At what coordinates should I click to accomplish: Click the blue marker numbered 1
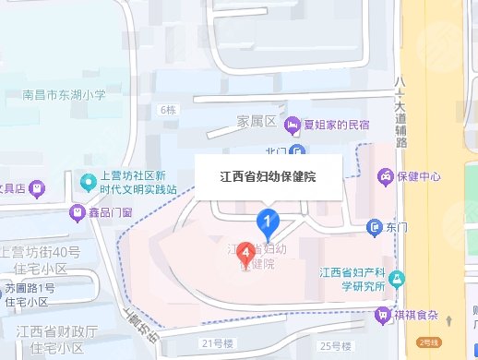pos(268,222)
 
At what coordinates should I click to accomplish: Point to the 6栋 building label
pos(167,111)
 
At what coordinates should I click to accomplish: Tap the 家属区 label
pos(254,122)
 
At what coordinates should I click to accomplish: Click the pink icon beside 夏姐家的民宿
pos(293,124)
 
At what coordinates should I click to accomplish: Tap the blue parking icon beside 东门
pos(375,225)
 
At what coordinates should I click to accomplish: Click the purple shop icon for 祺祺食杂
pos(381,315)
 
